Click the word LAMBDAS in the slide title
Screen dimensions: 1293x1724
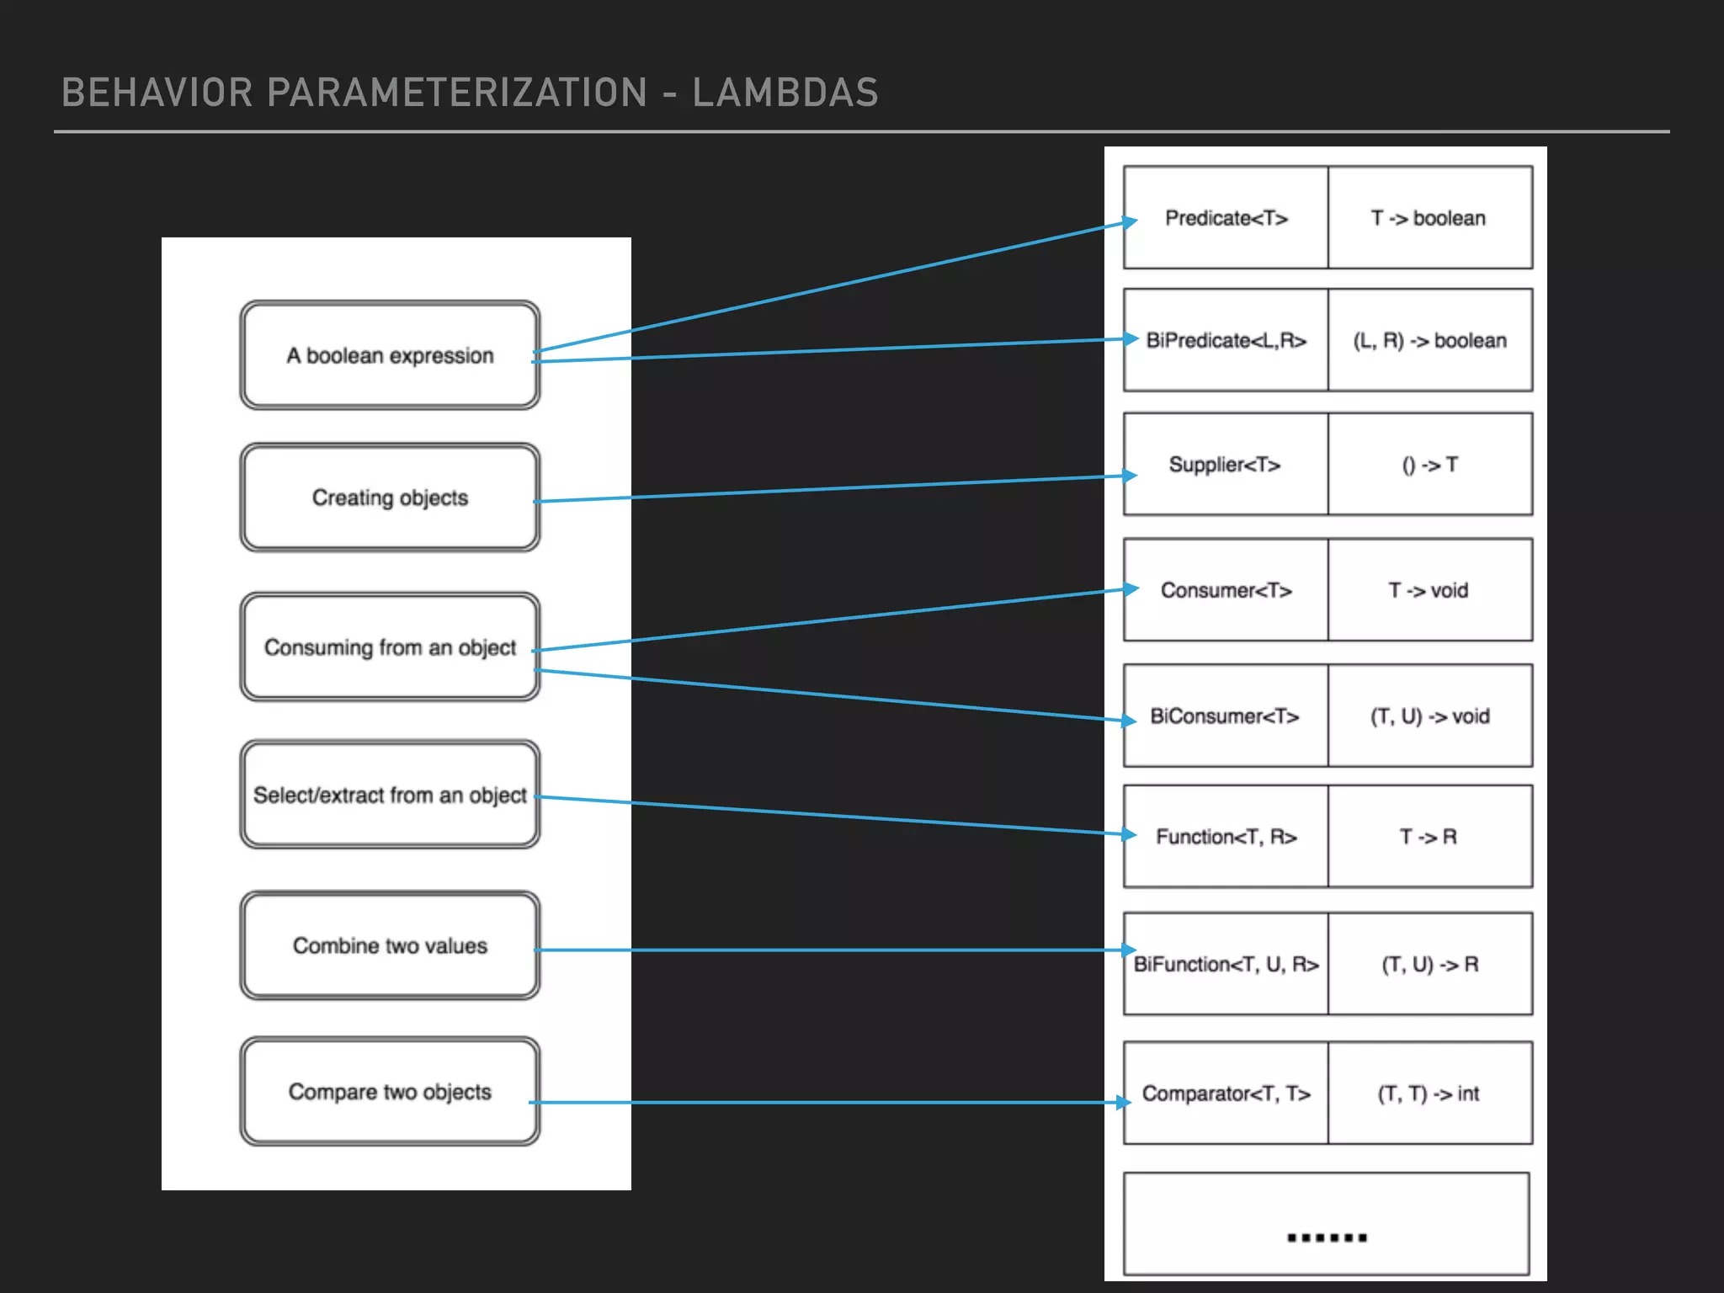(785, 93)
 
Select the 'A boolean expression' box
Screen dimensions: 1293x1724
(390, 355)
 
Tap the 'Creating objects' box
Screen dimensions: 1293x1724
(390, 498)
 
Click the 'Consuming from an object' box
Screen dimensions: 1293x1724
(390, 646)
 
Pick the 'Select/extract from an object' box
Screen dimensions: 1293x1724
(390, 795)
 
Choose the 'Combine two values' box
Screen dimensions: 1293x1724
(390, 945)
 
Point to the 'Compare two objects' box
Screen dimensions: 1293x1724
(390, 1091)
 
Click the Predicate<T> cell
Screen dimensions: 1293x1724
(1226, 218)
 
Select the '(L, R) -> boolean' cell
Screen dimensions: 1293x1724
(1429, 340)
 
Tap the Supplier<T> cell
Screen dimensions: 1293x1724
(1225, 465)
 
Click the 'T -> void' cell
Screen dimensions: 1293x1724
(1429, 590)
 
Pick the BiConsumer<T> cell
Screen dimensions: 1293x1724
(1225, 716)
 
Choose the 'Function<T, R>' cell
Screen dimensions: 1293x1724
(1226, 837)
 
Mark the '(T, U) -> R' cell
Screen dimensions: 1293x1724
(1429, 965)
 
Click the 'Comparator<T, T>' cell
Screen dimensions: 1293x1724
(1226, 1093)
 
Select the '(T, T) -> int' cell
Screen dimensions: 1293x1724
(1429, 1093)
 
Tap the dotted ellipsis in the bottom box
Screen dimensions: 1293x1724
(1327, 1237)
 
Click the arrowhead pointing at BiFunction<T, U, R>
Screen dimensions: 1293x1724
(1129, 950)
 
